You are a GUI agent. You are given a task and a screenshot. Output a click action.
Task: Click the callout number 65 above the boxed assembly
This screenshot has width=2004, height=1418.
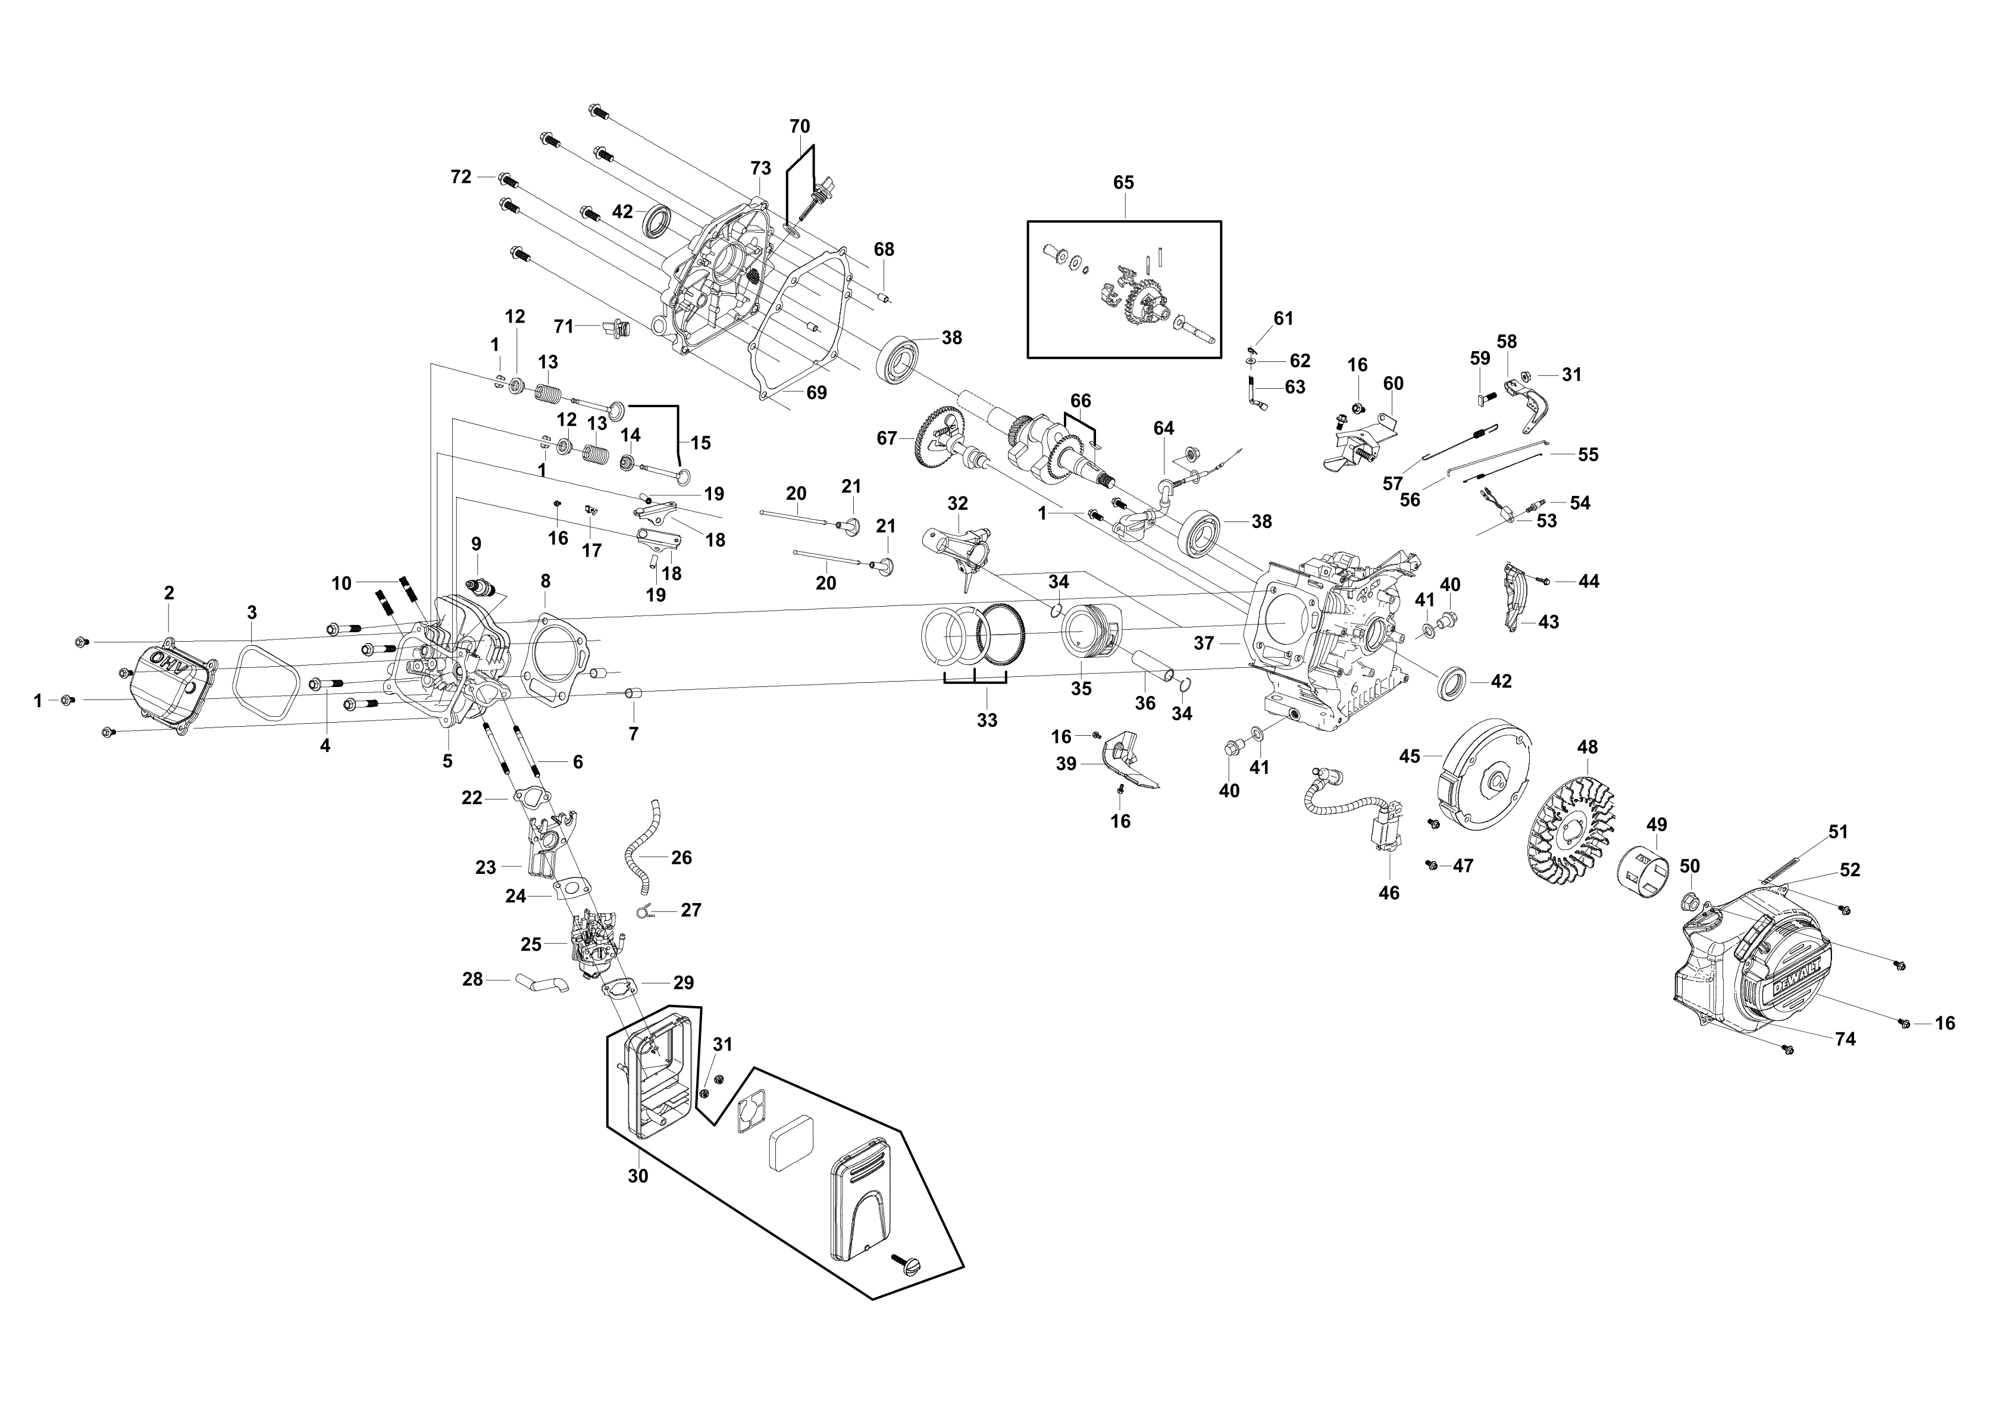point(1123,183)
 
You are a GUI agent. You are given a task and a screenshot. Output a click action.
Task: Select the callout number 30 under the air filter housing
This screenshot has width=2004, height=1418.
point(638,1176)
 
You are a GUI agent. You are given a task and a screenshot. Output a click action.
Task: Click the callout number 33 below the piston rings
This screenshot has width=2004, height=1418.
point(987,720)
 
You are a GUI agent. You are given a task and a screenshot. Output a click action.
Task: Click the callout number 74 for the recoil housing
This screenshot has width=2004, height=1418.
point(1845,1039)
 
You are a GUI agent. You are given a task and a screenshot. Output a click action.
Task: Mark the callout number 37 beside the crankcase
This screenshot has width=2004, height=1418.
point(1204,644)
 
